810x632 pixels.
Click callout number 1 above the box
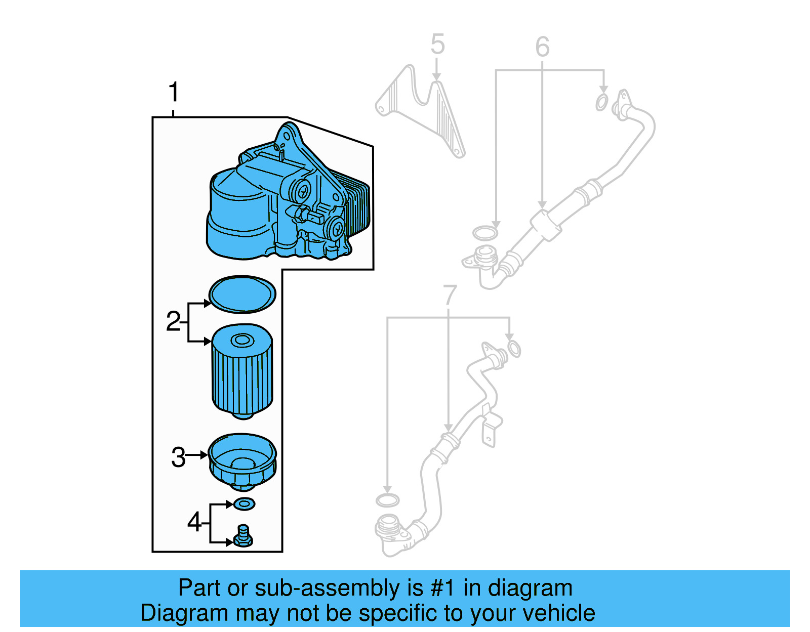tap(174, 92)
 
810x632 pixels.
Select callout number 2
tap(173, 321)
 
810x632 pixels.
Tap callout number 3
tap(178, 457)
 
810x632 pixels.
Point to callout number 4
tap(194, 521)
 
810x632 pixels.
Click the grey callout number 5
tap(437, 44)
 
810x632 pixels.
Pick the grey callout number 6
tap(542, 47)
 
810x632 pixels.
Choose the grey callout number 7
tap(450, 295)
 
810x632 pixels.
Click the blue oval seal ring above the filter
tap(242, 294)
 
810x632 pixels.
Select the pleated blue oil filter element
tap(242, 374)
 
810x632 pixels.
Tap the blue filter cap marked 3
tap(242, 460)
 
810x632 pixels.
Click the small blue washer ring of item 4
tap(244, 504)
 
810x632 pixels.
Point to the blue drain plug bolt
tap(244, 536)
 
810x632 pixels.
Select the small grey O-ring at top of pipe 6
tap(601, 102)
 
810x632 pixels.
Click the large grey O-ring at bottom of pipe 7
tap(387, 500)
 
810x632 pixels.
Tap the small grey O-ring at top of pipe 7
tap(513, 349)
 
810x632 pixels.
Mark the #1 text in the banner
tap(442, 588)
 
